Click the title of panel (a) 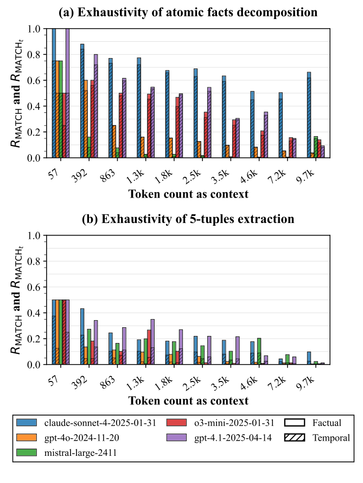[188, 11]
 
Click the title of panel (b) [188, 219]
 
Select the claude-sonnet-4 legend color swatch [27, 423]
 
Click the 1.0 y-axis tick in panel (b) [35, 236]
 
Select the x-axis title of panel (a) [188, 194]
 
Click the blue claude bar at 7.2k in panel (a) [280, 125]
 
